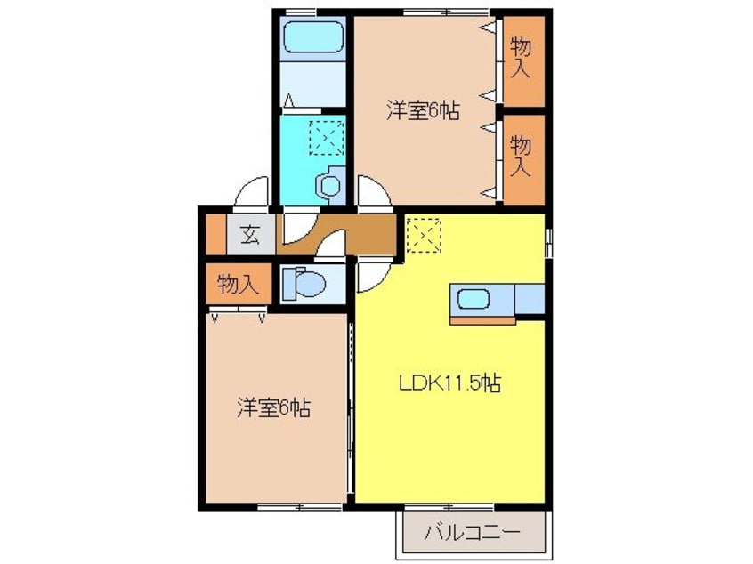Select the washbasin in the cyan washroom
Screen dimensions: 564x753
(x=329, y=184)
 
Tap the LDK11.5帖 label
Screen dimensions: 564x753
(x=449, y=383)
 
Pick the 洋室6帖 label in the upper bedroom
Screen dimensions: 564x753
(x=422, y=111)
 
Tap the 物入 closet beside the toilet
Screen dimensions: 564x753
(x=238, y=285)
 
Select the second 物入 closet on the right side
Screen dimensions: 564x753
(x=522, y=157)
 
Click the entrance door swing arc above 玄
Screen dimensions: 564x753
(x=253, y=191)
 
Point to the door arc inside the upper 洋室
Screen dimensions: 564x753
(x=374, y=191)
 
